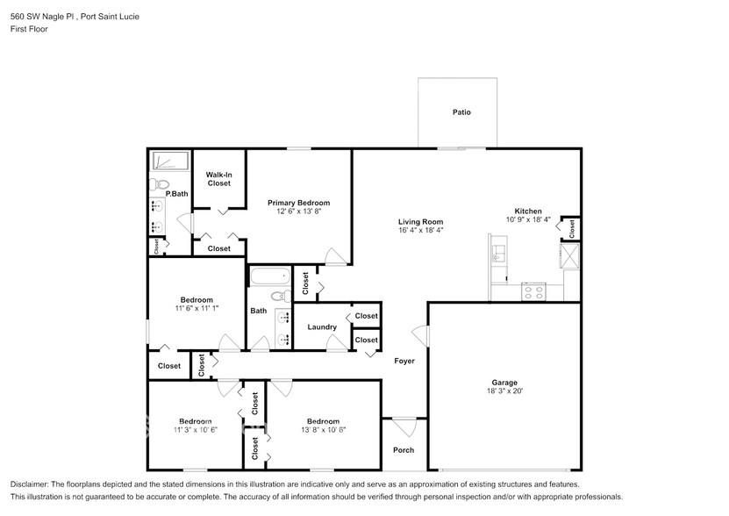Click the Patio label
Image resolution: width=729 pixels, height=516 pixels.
point(461,112)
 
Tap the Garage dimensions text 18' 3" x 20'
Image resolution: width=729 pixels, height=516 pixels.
point(504,393)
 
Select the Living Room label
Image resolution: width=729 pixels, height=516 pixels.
point(421,222)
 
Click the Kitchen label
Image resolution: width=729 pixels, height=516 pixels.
point(528,211)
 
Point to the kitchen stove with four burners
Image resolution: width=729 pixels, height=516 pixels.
point(533,291)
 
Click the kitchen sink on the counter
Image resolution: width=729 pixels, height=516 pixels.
point(498,254)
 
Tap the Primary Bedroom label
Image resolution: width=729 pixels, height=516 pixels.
point(298,203)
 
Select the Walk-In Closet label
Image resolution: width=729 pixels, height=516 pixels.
point(218,179)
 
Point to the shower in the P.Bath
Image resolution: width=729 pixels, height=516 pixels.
point(170,161)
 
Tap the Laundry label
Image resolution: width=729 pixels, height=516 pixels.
point(322,327)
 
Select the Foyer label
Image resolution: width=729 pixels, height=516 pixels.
point(404,361)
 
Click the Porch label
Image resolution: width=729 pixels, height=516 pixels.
point(404,450)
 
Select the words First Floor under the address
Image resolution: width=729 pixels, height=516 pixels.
point(29,29)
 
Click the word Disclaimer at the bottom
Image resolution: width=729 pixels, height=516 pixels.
point(32,484)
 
